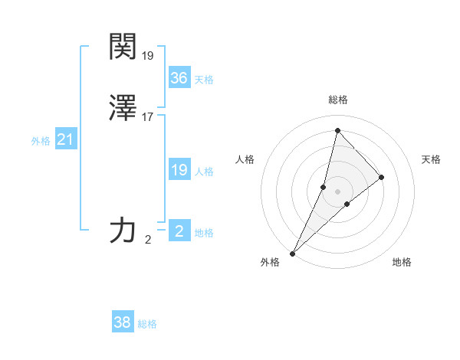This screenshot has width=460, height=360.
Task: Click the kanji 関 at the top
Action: [123, 47]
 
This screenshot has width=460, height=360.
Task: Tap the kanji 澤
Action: [123, 108]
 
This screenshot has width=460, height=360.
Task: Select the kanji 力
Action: [123, 230]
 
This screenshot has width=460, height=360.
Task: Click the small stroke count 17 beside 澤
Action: [148, 117]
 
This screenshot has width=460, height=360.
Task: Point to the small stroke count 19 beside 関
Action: [148, 56]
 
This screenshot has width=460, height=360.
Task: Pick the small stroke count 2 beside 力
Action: [148, 240]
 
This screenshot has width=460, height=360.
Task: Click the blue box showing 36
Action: [179, 77]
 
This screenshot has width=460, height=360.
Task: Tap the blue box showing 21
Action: [65, 139]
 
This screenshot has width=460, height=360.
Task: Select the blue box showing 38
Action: [122, 322]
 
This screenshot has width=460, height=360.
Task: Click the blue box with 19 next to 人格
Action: [179, 170]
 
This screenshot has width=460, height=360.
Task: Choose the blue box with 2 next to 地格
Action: [179, 231]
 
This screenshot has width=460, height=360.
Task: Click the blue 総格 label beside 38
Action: [147, 325]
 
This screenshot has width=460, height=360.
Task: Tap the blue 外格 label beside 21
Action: [40, 142]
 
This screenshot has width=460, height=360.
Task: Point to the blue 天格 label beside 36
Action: [204, 80]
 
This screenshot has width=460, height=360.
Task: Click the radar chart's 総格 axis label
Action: [337, 100]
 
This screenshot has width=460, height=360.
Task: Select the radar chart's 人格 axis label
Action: [245, 159]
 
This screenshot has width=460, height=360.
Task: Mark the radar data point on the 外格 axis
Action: [292, 253]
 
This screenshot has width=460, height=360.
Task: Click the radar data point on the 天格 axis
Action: [381, 177]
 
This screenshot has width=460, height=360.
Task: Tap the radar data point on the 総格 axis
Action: [337, 130]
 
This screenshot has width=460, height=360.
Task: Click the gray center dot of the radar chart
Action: [337, 191]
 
